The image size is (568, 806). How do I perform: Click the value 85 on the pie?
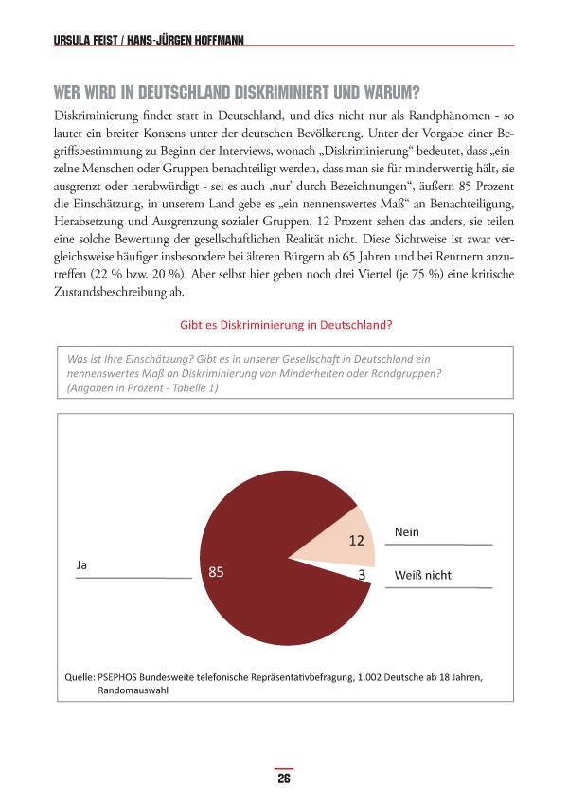[x=216, y=572]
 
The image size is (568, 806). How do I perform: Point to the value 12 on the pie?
[x=356, y=541]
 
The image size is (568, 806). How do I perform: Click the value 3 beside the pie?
[x=362, y=573]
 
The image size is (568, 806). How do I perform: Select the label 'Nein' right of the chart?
[x=406, y=532]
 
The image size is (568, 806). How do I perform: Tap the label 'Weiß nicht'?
[x=422, y=575]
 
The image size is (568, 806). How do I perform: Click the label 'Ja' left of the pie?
[x=81, y=564]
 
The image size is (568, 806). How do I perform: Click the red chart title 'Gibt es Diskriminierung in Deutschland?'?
[x=286, y=324]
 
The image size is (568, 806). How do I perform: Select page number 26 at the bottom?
[x=283, y=779]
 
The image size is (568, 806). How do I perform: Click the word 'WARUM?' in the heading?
[x=387, y=93]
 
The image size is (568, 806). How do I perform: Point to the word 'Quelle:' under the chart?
[x=78, y=677]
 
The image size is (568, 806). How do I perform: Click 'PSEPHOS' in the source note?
[x=120, y=677]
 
